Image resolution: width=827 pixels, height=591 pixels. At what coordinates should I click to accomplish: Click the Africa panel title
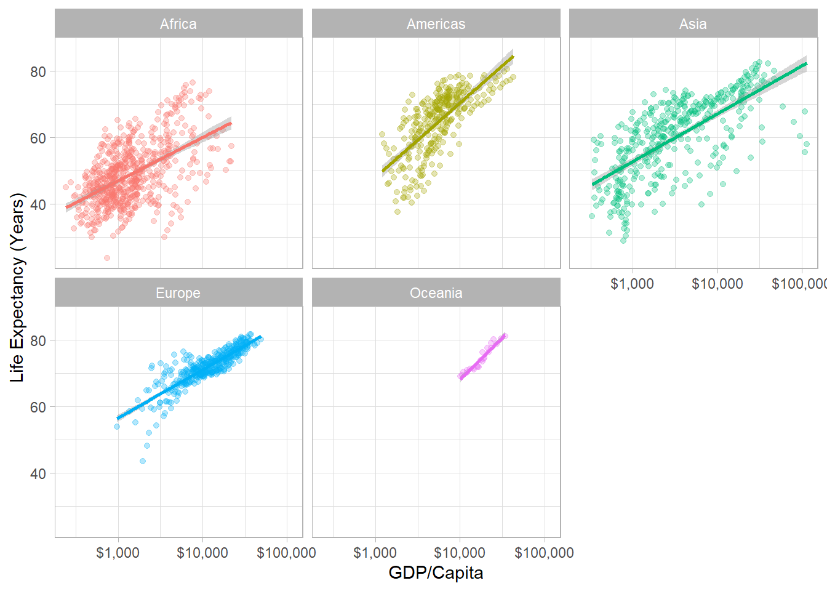pos(178,24)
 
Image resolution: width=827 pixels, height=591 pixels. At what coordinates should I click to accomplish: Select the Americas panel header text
pos(436,24)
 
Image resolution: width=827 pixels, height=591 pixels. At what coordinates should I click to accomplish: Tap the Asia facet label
pos(693,24)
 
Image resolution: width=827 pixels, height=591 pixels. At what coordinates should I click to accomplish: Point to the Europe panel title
pos(178,293)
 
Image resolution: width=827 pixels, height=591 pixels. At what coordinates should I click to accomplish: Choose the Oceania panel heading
pos(436,293)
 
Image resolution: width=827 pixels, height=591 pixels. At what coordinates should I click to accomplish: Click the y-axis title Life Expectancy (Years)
pos(17,287)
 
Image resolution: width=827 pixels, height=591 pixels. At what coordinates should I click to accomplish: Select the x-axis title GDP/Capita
pos(436,573)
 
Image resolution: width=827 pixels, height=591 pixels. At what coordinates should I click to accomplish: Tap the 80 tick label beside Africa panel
pos(38,71)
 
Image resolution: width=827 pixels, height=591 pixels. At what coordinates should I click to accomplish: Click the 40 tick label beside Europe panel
pos(38,474)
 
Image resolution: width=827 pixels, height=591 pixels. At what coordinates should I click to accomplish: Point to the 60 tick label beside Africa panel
pos(38,139)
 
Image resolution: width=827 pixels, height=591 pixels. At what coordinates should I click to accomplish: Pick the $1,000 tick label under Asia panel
pos(632,284)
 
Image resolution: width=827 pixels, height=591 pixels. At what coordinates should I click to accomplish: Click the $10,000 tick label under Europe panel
pos(202,553)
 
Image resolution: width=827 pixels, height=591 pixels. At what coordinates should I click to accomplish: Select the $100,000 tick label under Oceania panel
pos(544,553)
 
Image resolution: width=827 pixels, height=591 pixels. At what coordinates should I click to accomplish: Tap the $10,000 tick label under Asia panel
pos(717,284)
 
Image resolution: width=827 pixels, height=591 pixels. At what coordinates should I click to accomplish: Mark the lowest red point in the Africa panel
pos(107,258)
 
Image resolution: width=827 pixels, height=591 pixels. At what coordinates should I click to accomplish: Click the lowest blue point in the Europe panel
pos(143,461)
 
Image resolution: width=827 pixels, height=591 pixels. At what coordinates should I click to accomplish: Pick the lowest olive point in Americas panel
pos(398,212)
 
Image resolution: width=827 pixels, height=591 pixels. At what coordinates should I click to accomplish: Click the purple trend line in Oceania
pos(483,356)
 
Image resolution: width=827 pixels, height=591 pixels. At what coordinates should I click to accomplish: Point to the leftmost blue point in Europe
pos(117,427)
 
